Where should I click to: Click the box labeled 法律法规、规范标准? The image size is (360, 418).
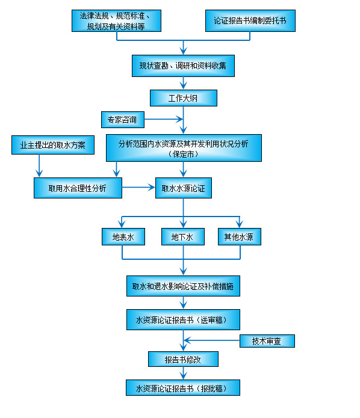(116, 20)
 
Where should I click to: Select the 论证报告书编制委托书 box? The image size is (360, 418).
(250, 20)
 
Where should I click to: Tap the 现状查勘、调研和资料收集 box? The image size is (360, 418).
(183, 66)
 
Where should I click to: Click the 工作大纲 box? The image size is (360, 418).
(183, 97)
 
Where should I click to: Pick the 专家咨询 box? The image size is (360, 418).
(122, 120)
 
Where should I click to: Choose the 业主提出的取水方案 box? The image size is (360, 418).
(52, 145)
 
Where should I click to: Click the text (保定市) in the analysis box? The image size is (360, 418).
(184, 154)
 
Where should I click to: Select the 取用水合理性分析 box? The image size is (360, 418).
(77, 188)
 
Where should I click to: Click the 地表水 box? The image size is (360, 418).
(123, 237)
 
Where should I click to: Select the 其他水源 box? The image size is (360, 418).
(238, 237)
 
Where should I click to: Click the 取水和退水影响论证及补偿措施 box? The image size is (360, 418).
(183, 286)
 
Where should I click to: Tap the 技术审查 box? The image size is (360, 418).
(267, 341)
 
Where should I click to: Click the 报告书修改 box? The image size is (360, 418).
(183, 359)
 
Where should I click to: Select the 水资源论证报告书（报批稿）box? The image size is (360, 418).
(183, 387)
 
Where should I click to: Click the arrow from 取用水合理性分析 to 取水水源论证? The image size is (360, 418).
(138, 188)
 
